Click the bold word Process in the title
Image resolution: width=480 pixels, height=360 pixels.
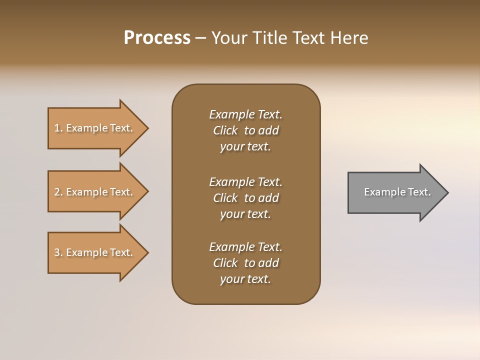click(157, 38)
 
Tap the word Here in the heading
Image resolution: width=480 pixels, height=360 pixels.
click(349, 38)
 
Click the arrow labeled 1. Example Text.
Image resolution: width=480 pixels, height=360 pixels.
click(95, 128)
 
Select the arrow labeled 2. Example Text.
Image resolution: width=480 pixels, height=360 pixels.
click(95, 192)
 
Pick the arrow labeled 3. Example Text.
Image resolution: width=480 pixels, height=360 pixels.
click(95, 252)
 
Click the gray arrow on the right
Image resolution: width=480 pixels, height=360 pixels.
click(395, 192)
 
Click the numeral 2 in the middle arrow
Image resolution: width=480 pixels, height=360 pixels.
click(57, 192)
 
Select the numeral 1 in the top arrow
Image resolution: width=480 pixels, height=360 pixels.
click(57, 128)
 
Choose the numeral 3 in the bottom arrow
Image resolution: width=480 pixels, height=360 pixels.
click(57, 252)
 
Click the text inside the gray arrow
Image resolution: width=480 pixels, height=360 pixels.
click(397, 192)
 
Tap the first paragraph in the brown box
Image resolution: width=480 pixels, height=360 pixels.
click(245, 130)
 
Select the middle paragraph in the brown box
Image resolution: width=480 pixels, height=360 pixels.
click(245, 198)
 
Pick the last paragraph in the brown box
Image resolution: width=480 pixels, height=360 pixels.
click(245, 263)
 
